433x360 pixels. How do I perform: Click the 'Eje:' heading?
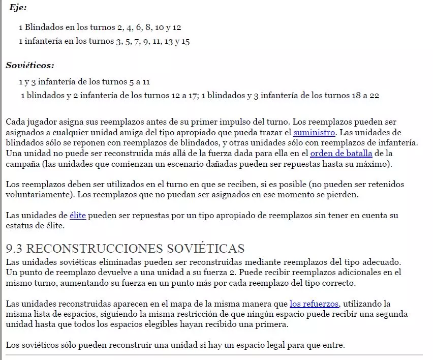coord(18,8)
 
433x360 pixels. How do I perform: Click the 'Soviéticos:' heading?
coord(30,65)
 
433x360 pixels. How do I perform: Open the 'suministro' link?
coord(314,132)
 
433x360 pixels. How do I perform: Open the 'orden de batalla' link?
coord(341,154)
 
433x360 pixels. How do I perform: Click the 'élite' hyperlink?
coord(78,216)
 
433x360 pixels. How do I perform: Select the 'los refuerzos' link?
coord(314,304)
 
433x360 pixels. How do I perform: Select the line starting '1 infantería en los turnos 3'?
coord(104,41)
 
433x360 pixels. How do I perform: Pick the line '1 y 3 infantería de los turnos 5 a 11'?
coord(84,81)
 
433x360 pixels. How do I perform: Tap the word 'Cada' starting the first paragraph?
coord(16,122)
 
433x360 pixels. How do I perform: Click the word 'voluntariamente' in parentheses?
coord(36,194)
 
